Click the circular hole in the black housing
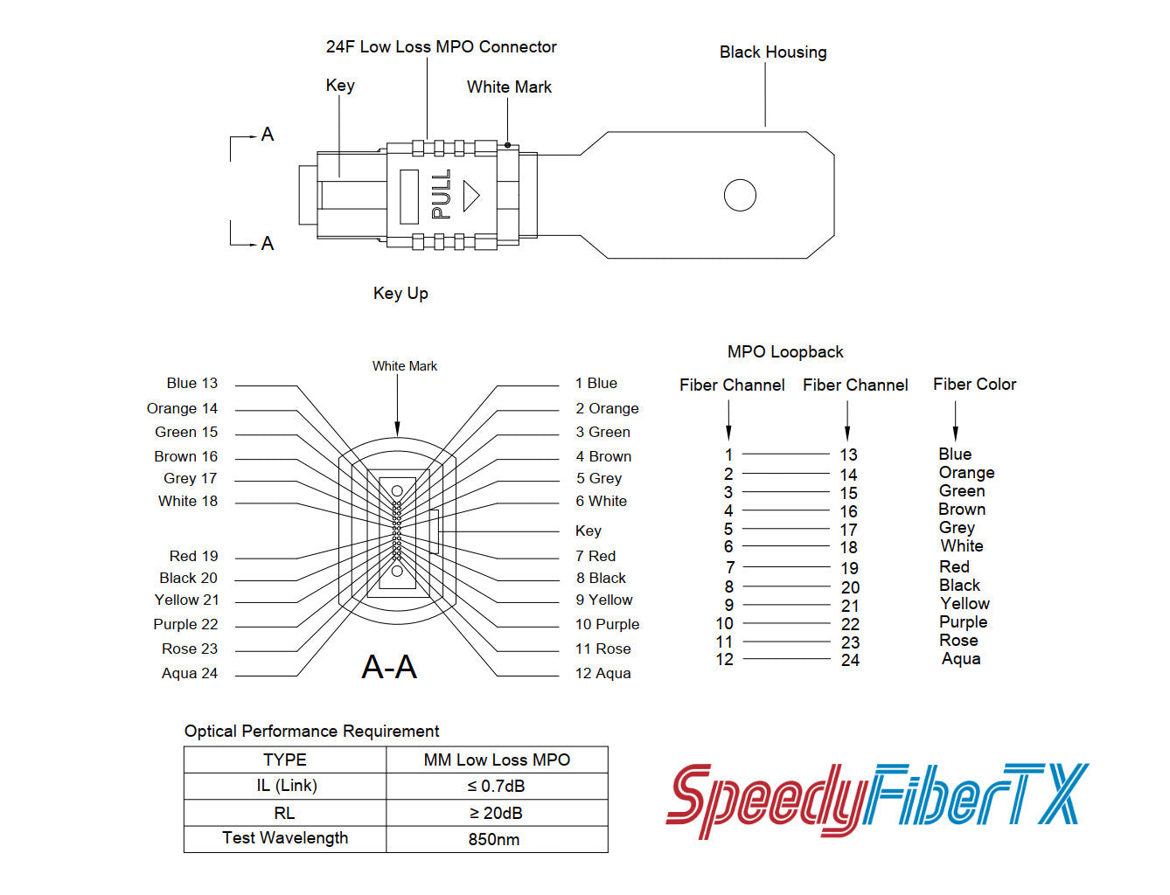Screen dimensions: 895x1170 point(740,195)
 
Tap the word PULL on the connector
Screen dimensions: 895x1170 point(442,194)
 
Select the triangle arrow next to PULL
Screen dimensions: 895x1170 point(471,195)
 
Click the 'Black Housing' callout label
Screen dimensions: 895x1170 point(772,52)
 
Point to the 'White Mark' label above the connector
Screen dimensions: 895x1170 point(509,87)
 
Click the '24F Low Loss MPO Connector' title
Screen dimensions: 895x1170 point(441,47)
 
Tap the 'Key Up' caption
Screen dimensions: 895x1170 point(400,294)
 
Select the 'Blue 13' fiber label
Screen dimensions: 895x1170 point(192,384)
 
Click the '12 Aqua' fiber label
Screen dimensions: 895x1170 point(602,674)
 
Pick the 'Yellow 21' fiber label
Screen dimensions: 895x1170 point(186,600)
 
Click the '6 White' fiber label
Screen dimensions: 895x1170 point(601,502)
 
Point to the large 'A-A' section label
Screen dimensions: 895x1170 point(389,668)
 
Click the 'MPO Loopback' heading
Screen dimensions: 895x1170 point(785,352)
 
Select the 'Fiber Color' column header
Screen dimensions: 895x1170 point(974,385)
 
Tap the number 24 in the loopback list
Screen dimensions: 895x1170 point(850,661)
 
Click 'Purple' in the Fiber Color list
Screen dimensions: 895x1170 point(963,622)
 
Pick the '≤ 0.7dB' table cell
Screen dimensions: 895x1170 point(496,787)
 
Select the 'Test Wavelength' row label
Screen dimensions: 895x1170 point(285,838)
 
